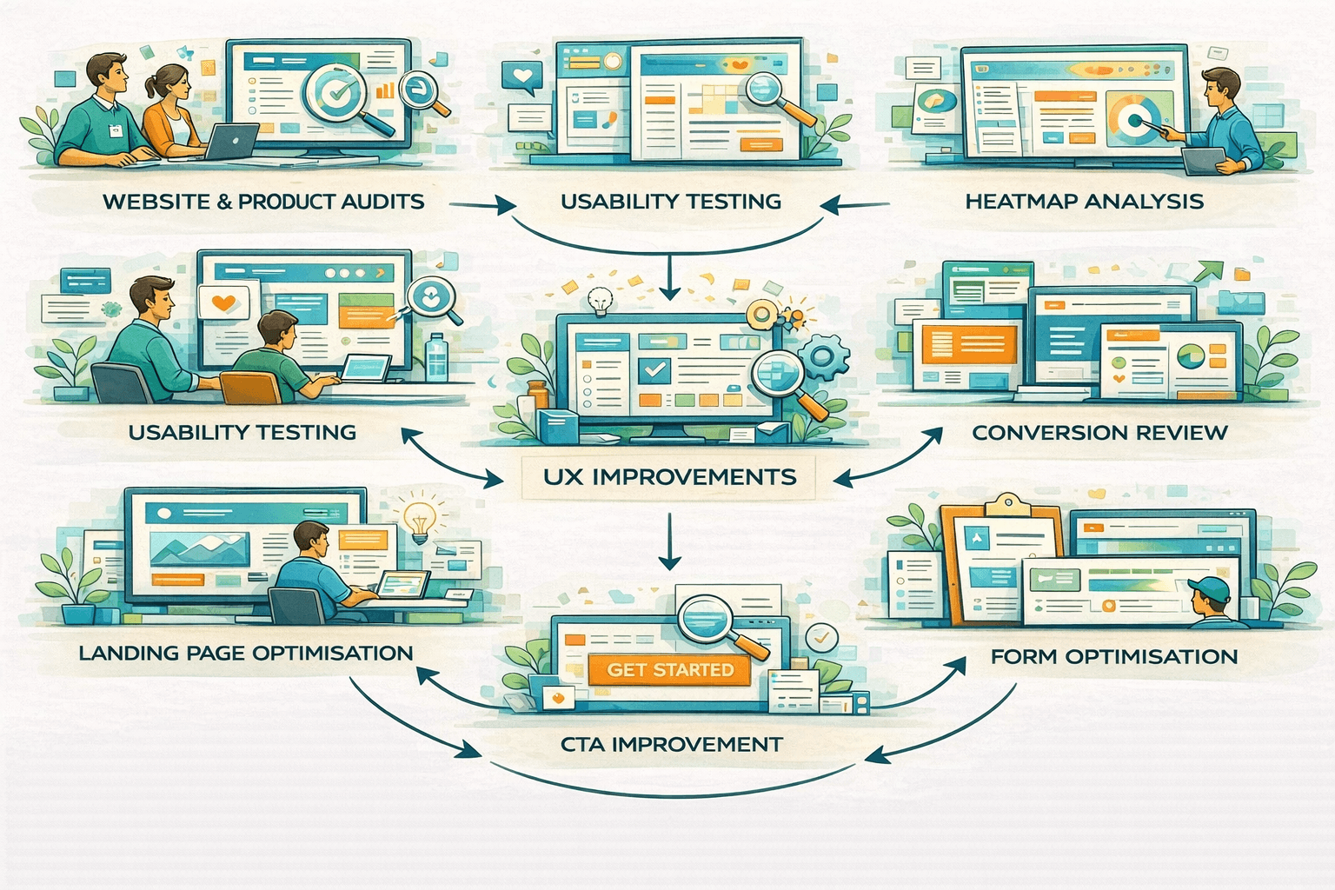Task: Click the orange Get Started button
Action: pyautogui.click(x=669, y=669)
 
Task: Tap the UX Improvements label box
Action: pyautogui.click(x=669, y=477)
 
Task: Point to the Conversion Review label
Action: pyautogui.click(x=1099, y=432)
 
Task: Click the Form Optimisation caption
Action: pyautogui.click(x=1113, y=656)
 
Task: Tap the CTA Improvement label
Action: pyautogui.click(x=671, y=744)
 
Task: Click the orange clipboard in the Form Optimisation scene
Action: pyautogui.click(x=1000, y=556)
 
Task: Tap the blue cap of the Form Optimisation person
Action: pyautogui.click(x=1209, y=588)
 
